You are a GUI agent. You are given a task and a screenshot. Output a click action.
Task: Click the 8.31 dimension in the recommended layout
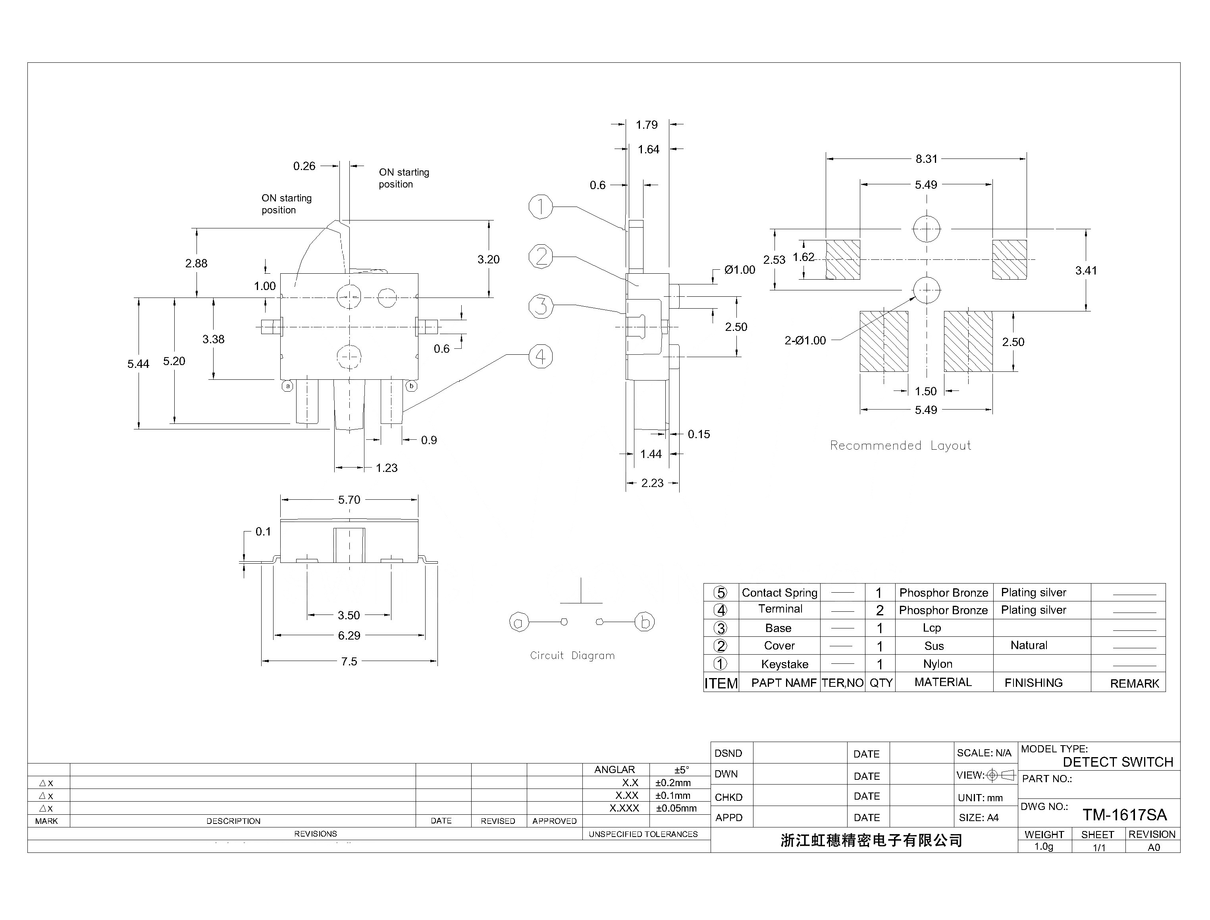[926, 159]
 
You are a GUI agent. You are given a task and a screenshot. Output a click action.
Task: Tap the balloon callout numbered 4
[540, 356]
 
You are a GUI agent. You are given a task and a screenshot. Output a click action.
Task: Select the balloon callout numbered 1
[540, 207]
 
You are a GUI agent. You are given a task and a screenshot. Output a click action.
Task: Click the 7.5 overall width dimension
[349, 661]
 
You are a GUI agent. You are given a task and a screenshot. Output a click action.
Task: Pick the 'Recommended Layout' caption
[900, 446]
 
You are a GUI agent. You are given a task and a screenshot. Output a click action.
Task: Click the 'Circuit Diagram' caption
[572, 655]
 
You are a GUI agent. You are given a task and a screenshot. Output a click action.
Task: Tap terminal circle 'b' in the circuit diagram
[644, 622]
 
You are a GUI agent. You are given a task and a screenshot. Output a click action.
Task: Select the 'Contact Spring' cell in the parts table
[779, 593]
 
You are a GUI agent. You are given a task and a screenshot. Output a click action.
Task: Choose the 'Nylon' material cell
[937, 664]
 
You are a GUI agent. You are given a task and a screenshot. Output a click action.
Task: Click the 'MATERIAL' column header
[943, 682]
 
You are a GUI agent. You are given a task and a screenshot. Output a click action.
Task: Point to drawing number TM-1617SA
[1124, 815]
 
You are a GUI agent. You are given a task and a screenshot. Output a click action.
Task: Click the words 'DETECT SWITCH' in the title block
[1118, 762]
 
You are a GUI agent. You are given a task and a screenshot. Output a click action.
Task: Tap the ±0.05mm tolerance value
[676, 808]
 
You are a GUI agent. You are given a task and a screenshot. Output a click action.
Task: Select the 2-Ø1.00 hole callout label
[805, 340]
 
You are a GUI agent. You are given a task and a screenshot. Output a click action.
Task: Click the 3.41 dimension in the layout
[1086, 271]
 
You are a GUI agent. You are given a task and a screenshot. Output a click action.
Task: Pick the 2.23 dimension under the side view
[652, 483]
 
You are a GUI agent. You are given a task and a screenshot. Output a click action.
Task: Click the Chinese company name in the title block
[871, 841]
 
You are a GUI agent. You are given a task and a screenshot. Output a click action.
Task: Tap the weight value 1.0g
[1044, 847]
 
